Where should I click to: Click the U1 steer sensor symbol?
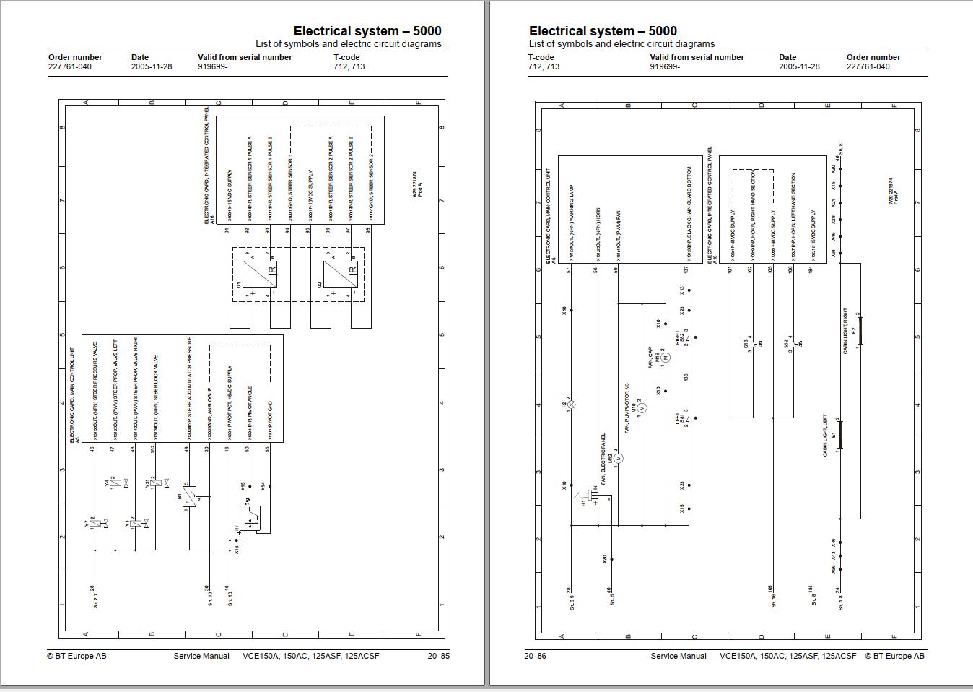tap(259, 274)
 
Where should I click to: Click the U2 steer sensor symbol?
tap(340, 274)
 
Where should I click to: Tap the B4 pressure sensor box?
tap(188, 497)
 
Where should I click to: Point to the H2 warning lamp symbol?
tap(571, 405)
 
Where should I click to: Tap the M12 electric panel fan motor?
tap(619, 458)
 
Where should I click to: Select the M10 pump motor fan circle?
tap(642, 407)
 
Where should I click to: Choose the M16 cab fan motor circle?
tap(666, 358)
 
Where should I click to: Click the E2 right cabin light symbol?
tap(860, 331)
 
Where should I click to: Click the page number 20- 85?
tap(438, 656)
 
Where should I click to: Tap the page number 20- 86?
tap(535, 656)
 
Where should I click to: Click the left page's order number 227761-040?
tap(70, 66)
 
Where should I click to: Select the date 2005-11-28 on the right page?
tap(799, 66)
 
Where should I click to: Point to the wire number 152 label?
tap(154, 449)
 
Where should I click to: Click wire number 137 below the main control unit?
tap(686, 269)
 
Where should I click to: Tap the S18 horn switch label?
tap(746, 345)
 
